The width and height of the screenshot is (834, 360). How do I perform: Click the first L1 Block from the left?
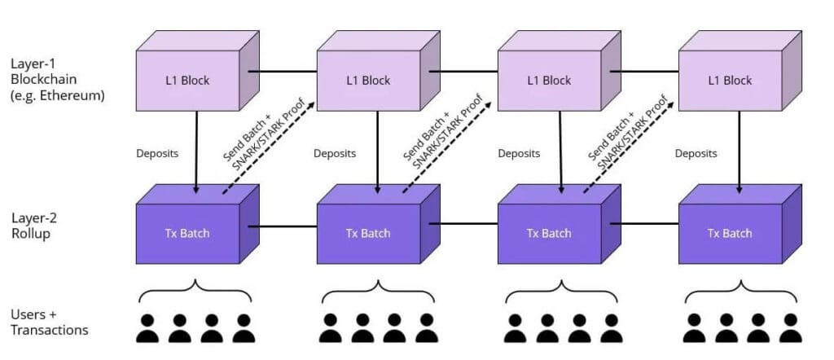[x=188, y=80]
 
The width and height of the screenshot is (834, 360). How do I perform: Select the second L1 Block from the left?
[x=368, y=80]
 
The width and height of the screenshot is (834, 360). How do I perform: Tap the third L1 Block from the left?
[x=549, y=80]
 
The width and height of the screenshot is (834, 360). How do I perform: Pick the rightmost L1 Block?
[x=729, y=80]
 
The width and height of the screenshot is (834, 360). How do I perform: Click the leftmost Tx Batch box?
[x=188, y=233]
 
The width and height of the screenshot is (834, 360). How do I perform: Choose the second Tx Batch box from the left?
[x=368, y=233]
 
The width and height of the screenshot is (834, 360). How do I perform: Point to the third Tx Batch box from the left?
[x=549, y=233]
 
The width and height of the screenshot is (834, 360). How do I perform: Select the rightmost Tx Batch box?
[x=729, y=233]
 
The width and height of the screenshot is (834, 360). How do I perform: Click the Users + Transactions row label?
[x=50, y=323]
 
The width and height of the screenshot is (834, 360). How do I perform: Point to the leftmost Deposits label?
[x=156, y=153]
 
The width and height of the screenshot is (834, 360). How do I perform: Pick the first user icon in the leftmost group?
[x=147, y=327]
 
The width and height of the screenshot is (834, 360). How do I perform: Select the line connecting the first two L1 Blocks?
[x=282, y=71]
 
